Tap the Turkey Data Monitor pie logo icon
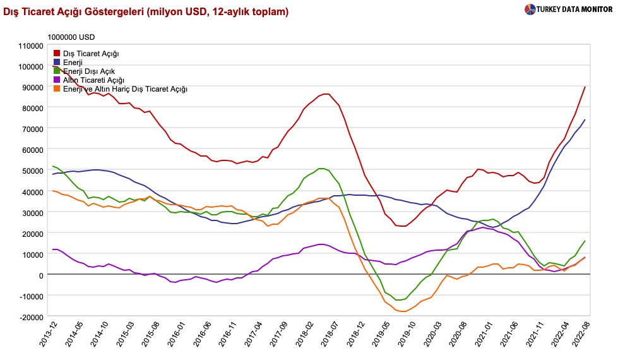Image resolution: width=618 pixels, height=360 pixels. coord(529,9)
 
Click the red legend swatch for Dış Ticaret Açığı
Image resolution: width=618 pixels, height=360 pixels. coord(57,54)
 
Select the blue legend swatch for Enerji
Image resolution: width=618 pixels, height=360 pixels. coord(57,63)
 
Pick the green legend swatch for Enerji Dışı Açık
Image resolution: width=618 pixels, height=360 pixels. coord(57,71)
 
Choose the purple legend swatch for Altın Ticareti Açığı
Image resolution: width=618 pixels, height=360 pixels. coord(57,80)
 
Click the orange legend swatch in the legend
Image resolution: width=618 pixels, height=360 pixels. coord(57,89)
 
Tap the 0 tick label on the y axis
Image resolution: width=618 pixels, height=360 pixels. coord(41,275)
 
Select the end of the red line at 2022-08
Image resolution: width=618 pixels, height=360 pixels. coord(585,87)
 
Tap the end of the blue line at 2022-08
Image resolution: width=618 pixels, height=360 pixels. coord(585,119)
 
